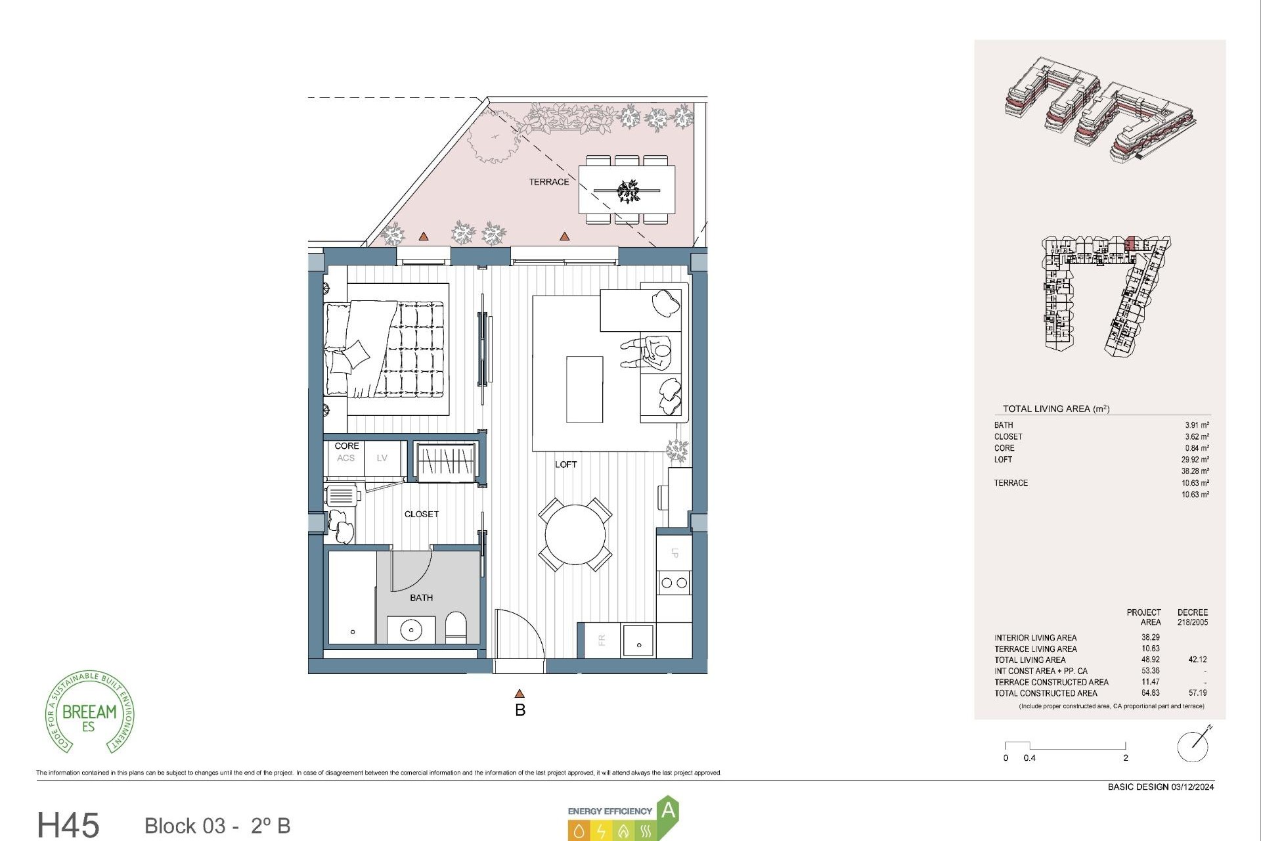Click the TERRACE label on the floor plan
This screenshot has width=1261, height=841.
[x=548, y=182]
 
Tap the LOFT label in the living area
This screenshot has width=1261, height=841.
[x=565, y=465]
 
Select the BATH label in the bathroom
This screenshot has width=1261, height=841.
[x=421, y=598]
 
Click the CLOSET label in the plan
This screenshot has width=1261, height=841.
[x=421, y=514]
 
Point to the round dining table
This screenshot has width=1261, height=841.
[x=575, y=534]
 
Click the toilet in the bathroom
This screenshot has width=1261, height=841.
[x=455, y=627]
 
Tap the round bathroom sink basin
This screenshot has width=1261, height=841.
[x=411, y=629]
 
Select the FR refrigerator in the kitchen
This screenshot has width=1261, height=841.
[x=601, y=639]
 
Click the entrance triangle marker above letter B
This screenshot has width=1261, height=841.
[x=520, y=694]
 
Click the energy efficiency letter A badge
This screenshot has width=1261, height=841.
[x=668, y=810]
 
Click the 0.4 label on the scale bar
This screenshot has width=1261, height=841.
[x=1029, y=758]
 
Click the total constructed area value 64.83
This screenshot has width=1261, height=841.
[x=1150, y=693]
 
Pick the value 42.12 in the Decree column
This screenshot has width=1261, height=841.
[x=1197, y=660]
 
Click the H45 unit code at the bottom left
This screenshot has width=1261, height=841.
[x=68, y=825]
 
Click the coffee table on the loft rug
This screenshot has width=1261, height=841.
[x=585, y=390]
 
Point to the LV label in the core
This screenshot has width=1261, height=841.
[x=382, y=458]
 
